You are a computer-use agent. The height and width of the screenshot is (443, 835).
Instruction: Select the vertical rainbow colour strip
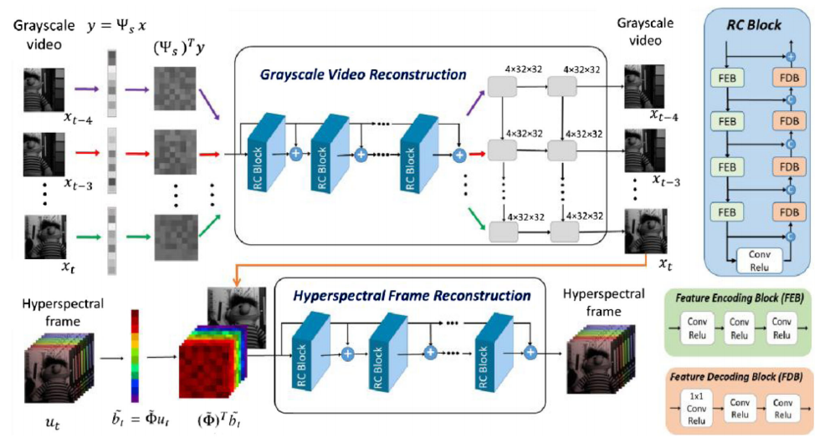[x=134, y=355]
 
